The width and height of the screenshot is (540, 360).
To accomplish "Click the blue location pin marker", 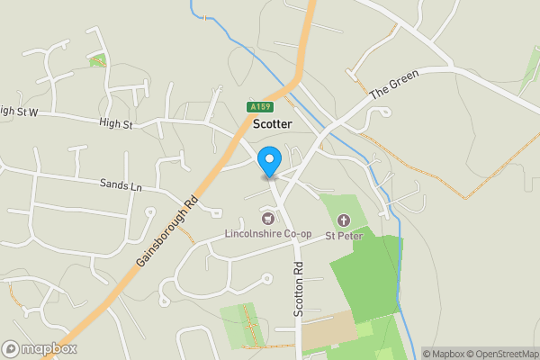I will coord(268,162).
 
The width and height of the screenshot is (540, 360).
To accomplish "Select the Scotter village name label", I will coord(273,124).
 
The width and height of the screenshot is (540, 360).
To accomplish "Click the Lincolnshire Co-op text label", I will coord(268,234).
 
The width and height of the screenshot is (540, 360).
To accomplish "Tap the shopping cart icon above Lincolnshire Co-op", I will coord(267,219).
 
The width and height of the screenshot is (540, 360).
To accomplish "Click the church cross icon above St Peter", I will coord(343,220).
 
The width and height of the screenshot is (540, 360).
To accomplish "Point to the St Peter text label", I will coord(343,236).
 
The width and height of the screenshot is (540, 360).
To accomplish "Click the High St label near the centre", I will coord(116,124).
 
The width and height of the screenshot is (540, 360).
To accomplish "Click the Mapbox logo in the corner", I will coord(40,349).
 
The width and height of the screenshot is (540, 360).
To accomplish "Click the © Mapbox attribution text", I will coord(446,354).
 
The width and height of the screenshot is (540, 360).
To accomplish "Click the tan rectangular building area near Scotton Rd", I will coord(328,332).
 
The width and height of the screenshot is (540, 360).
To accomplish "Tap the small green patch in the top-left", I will coord(97,59).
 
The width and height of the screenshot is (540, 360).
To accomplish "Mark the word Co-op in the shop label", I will coord(295,234).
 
